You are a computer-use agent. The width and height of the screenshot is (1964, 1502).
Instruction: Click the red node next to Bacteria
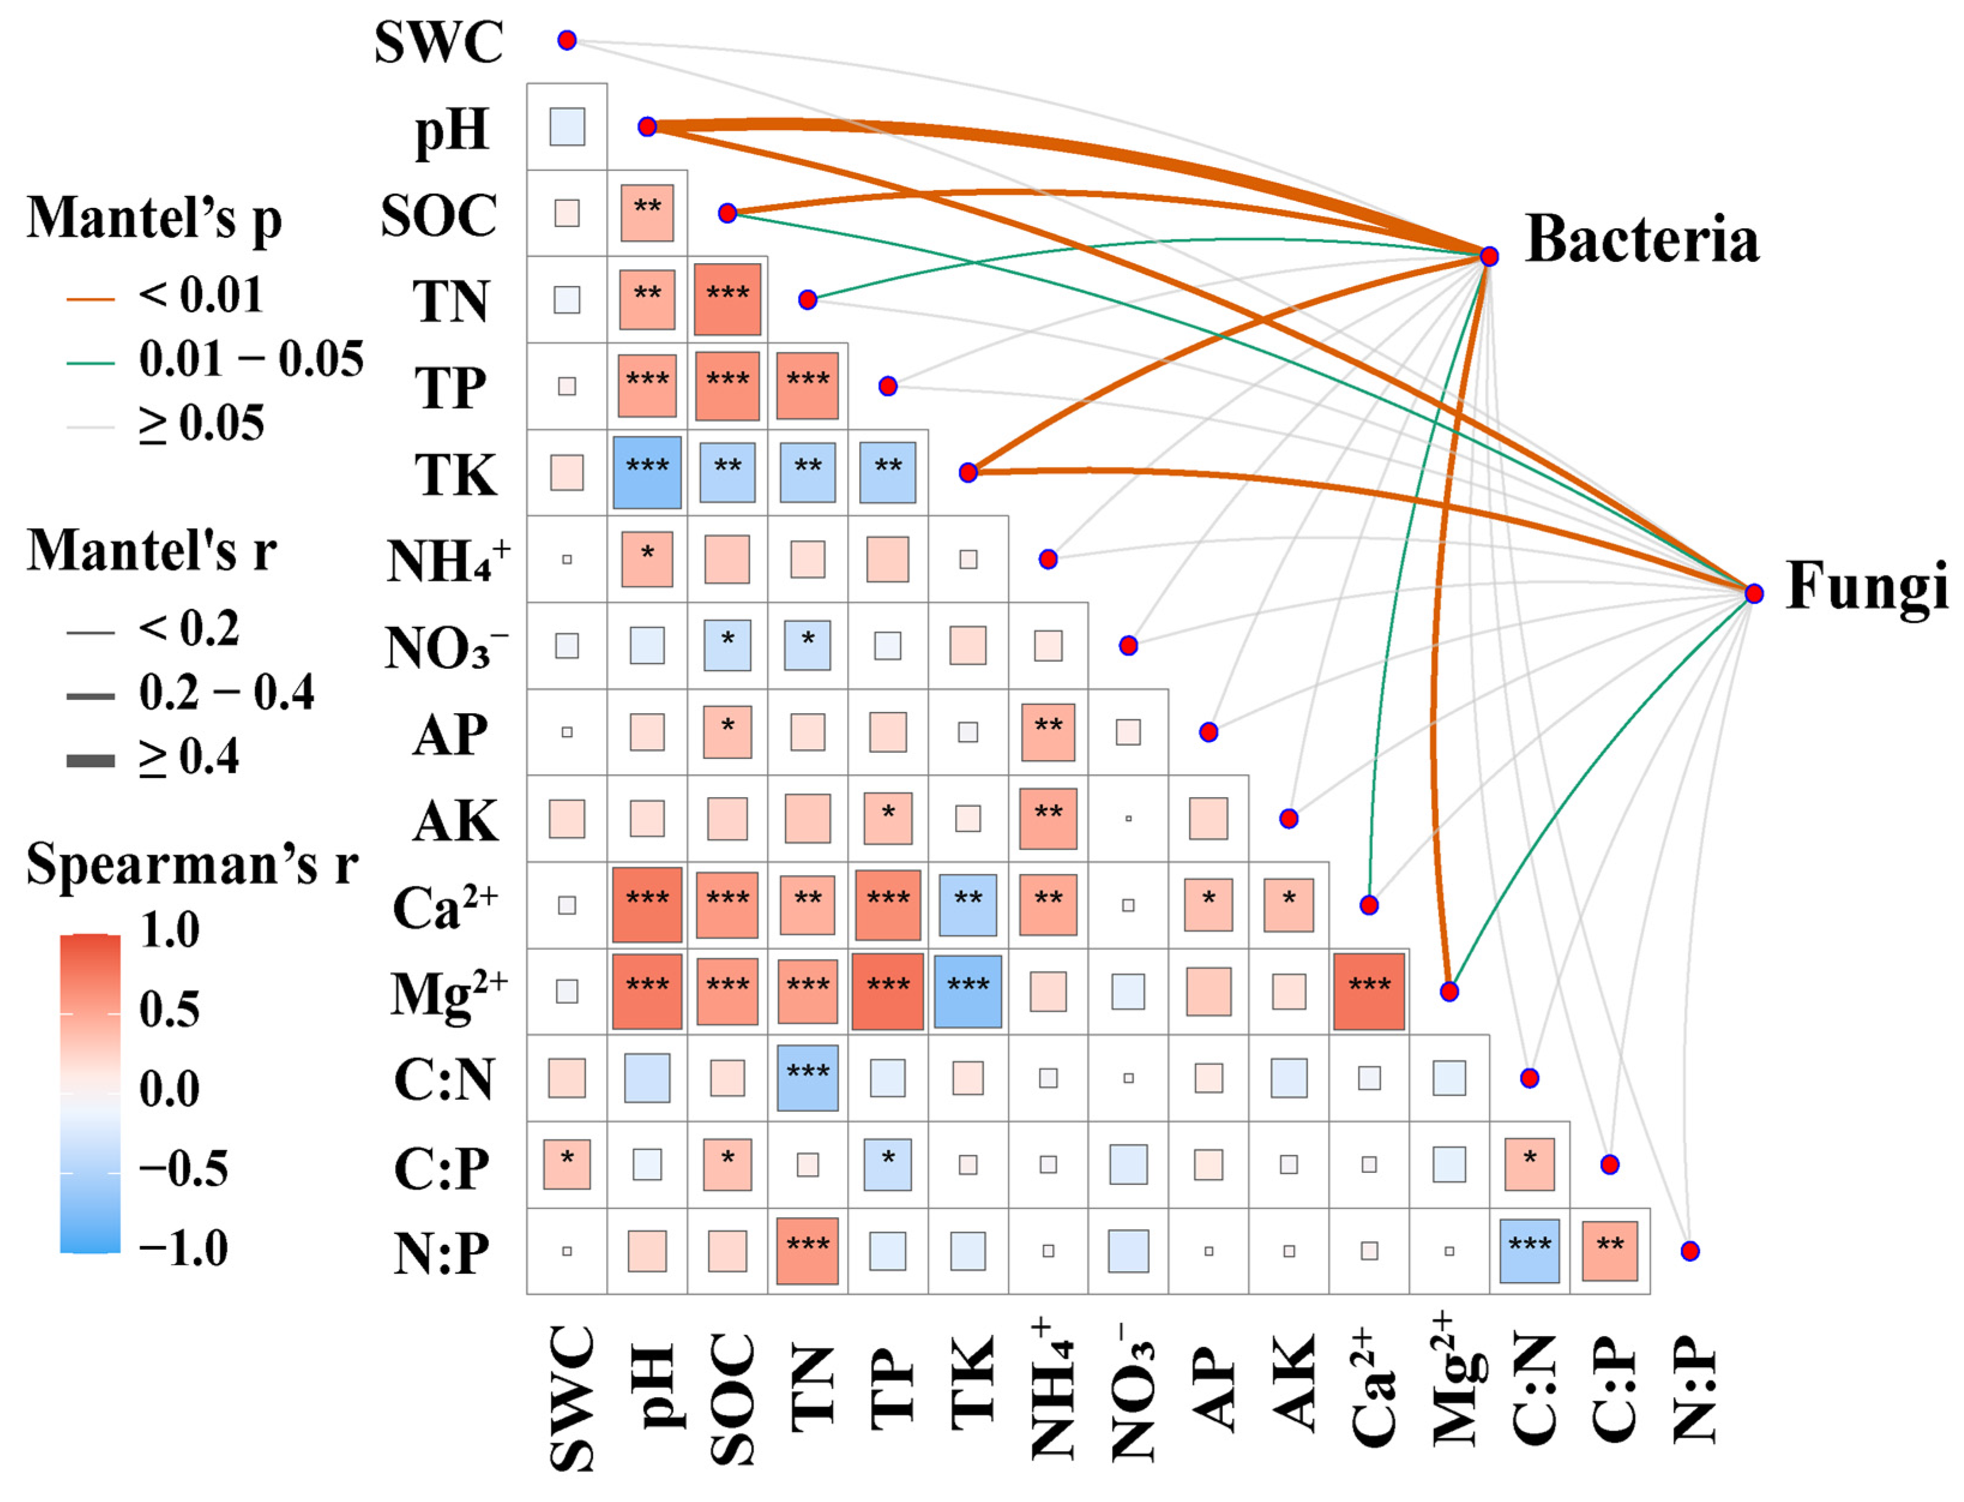(1488, 257)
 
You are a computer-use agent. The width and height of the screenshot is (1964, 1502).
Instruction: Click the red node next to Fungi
(1753, 593)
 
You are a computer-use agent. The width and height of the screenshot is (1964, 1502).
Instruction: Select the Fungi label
(1866, 587)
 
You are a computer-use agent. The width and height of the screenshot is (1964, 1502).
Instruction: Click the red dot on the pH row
(647, 127)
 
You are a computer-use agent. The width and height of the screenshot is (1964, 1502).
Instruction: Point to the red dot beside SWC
(567, 40)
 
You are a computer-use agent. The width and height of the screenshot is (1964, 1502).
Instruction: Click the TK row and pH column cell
(647, 472)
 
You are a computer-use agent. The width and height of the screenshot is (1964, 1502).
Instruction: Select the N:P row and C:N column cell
(1529, 1251)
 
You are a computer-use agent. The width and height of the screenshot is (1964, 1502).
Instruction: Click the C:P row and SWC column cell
(567, 1164)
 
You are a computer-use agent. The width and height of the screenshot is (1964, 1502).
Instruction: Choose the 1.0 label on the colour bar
(170, 931)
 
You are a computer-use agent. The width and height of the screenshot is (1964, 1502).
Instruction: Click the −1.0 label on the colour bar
(183, 1248)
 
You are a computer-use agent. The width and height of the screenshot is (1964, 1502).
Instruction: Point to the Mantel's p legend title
(154, 218)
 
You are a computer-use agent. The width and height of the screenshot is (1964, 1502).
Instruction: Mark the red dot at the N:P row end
(1689, 1251)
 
